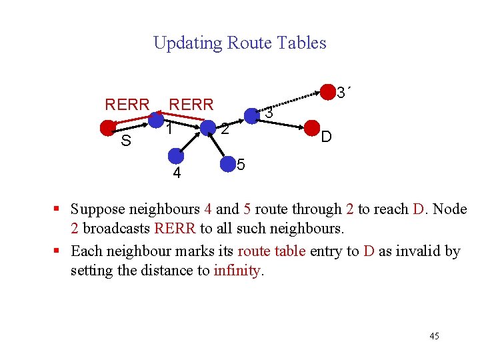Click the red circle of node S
point(107,127)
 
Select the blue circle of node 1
point(156,120)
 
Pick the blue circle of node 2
point(208,127)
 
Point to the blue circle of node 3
point(251,117)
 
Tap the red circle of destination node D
point(311,127)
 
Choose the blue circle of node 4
point(176,156)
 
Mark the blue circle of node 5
point(228,163)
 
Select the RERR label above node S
point(127,105)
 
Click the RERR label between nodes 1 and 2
point(191,105)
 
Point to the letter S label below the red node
point(125,141)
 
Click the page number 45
point(434,335)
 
